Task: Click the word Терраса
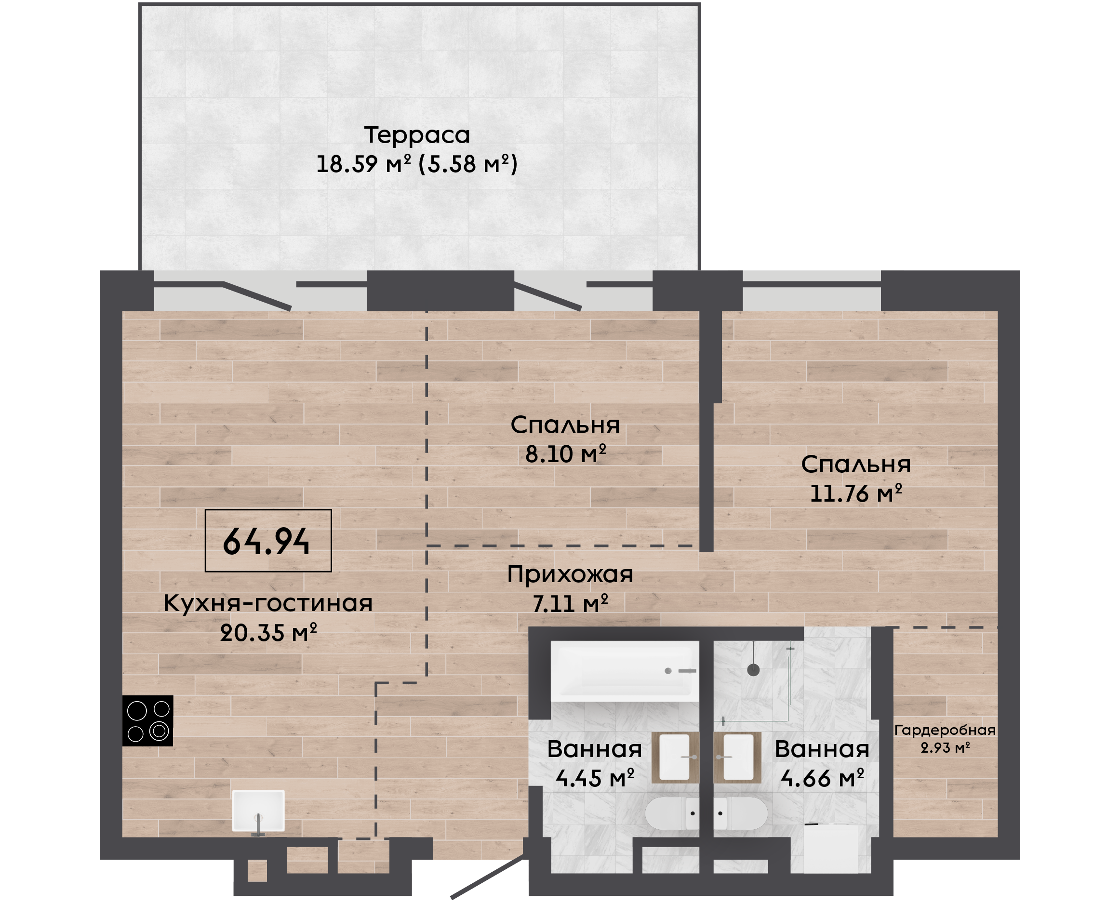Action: click(416, 135)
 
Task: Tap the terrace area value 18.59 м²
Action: click(363, 164)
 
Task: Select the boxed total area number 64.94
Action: click(266, 542)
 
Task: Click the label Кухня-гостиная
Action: click(268, 603)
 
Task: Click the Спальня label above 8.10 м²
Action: click(565, 425)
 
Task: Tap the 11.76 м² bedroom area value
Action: click(855, 493)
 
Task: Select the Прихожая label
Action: click(570, 574)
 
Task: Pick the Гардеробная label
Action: click(945, 730)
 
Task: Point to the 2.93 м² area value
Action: click(945, 748)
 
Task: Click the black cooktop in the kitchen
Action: click(147, 721)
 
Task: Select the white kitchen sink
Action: click(258, 811)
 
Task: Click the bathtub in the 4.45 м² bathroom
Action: click(625, 671)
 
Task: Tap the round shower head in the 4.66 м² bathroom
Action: click(753, 670)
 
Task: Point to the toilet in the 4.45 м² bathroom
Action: click(672, 813)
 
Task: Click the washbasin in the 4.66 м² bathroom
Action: click(738, 758)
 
